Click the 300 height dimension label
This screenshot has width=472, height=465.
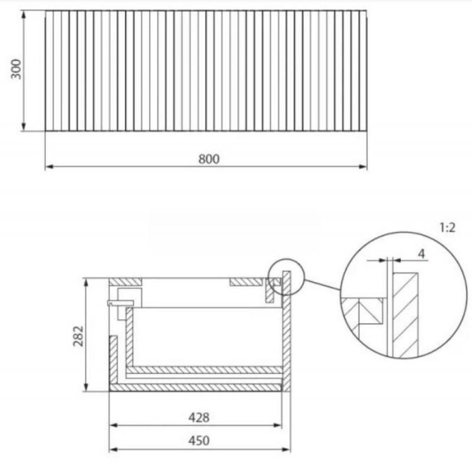coord(16,69)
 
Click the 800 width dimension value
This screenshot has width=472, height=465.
coord(209,159)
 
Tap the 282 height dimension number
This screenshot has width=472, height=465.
coord(78,336)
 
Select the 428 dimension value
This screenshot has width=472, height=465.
coord(199,417)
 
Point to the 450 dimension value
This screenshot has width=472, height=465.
coord(199,441)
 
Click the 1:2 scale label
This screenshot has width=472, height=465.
coord(447,228)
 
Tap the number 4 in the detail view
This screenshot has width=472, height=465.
coord(422,254)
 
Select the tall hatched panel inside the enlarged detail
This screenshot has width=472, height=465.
coord(405,315)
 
